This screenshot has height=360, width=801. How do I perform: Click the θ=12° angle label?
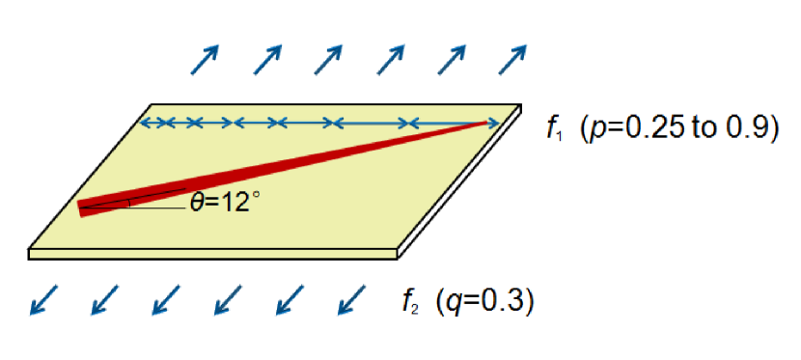226,207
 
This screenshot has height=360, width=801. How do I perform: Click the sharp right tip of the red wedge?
488,123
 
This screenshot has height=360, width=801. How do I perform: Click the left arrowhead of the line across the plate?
146,123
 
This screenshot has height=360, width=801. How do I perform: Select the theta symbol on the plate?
197,207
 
